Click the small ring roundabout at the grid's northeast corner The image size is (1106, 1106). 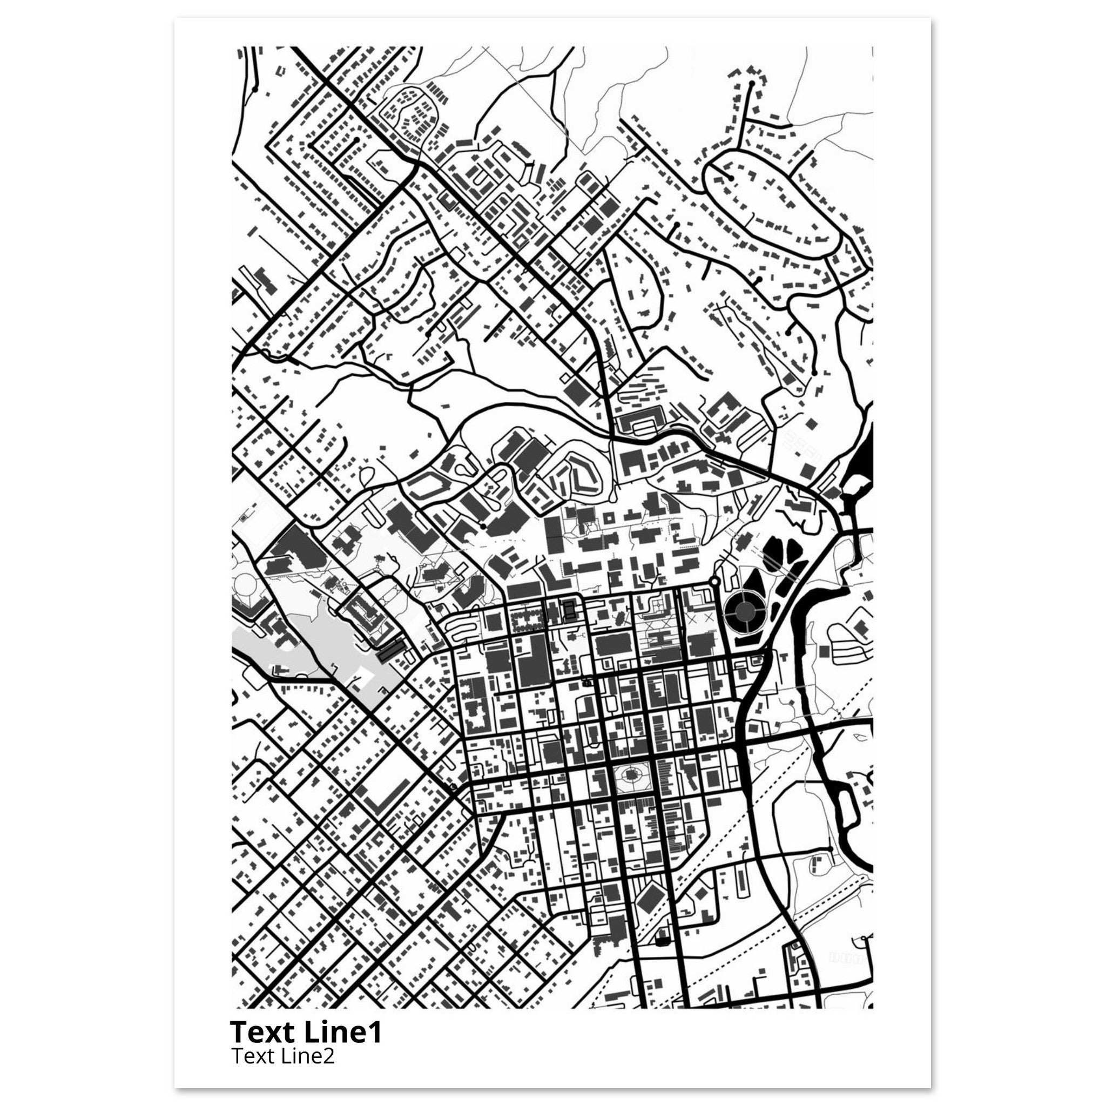coord(714,582)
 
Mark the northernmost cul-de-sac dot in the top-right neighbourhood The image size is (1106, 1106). coord(752,84)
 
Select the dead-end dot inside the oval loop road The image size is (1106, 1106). coord(731,179)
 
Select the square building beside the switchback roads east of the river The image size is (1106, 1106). coord(823,651)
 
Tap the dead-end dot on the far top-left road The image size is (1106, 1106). coord(255,90)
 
